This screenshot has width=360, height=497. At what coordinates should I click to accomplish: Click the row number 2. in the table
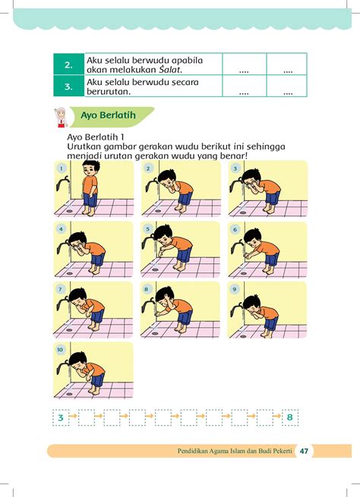(68, 65)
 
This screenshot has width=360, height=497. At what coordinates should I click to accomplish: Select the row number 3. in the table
(68, 87)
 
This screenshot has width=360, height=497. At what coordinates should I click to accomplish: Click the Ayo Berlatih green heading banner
(112, 116)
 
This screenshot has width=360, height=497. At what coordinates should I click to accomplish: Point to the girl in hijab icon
(61, 117)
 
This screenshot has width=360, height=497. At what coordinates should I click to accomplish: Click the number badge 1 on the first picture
(62, 168)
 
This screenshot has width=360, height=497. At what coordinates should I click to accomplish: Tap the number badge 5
(148, 229)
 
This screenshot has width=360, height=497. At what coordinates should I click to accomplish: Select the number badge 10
(60, 350)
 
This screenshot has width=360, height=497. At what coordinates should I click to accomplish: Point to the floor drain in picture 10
(69, 394)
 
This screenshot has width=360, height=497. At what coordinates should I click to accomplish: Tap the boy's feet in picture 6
(269, 271)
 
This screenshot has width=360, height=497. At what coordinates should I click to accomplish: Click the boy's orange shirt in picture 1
(90, 184)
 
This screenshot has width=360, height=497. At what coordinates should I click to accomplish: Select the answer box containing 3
(61, 417)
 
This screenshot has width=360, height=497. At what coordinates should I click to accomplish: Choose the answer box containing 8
(290, 417)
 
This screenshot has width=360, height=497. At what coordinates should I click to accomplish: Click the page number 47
(304, 451)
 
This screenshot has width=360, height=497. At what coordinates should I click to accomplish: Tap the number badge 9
(235, 289)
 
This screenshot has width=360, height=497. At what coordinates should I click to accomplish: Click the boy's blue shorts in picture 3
(273, 198)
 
